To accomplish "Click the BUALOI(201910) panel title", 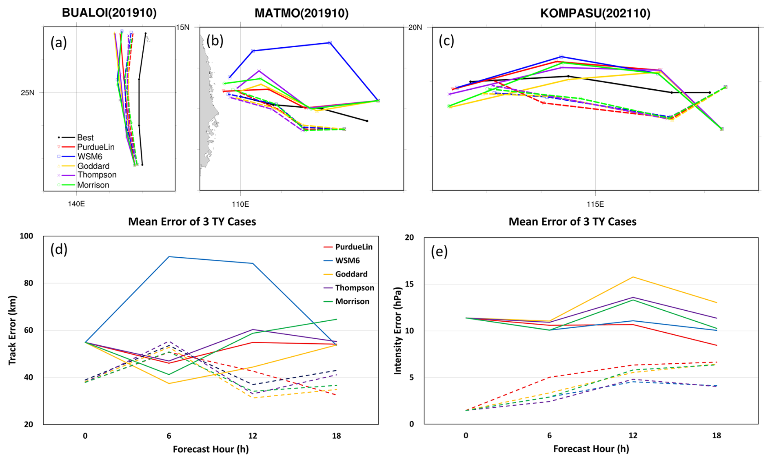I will [x=109, y=13].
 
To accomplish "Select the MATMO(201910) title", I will [x=301, y=13].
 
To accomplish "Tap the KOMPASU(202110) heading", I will [x=595, y=13].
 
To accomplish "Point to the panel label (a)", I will [x=58, y=42].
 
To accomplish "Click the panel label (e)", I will [x=439, y=252].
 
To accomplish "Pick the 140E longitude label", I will [x=76, y=203].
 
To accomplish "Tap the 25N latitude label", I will [x=28, y=93].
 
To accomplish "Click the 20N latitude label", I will [x=415, y=27].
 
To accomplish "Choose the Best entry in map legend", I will [x=85, y=137].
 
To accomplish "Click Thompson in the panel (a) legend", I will [x=97, y=175].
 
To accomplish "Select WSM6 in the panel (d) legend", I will [x=347, y=261].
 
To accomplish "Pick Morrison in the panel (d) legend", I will [x=352, y=302].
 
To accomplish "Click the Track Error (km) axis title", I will [x=12, y=330].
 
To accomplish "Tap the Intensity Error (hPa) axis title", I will [x=397, y=330].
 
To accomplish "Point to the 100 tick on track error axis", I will [x=27, y=236].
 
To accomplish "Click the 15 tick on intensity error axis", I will [x=409, y=284].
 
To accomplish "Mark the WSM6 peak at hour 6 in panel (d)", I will [x=169, y=256].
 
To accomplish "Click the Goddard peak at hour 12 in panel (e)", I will [x=633, y=277].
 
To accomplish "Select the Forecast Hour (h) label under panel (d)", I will [x=211, y=449].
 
